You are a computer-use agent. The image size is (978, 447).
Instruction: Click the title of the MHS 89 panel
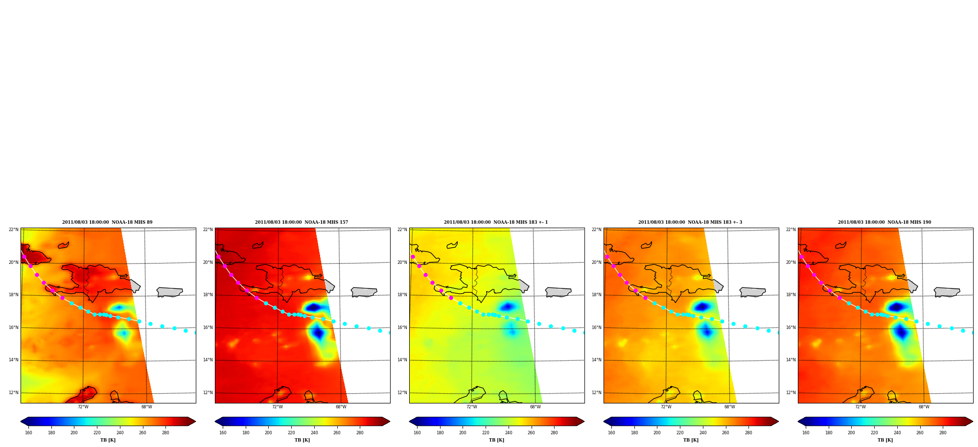(107, 222)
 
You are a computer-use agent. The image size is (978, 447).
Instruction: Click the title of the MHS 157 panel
(302, 222)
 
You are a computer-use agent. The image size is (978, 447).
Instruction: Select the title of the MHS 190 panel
(885, 222)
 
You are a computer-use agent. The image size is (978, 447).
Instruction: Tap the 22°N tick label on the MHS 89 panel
(13, 230)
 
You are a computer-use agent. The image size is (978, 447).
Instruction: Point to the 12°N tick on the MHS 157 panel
(208, 393)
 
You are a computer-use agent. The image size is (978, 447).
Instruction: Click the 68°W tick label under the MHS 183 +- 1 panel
(535, 407)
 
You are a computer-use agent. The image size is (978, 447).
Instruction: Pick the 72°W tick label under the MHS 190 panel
(860, 407)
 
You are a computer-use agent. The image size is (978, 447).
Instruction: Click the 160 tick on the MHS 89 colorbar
(28, 432)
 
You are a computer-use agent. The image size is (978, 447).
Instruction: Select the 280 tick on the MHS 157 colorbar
(360, 432)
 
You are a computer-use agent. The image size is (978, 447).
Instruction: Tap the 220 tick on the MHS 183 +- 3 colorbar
(680, 432)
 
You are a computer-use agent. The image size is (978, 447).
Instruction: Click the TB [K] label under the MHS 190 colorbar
(885, 440)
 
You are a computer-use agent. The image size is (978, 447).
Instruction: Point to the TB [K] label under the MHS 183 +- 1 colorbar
(496, 440)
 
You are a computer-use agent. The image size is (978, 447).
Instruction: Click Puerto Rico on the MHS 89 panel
(169, 292)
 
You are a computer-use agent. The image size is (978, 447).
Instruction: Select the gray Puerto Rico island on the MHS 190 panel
(947, 292)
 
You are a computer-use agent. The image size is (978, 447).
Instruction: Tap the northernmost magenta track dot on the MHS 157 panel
(218, 257)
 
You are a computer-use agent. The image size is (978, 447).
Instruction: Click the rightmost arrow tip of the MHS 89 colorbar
(195, 421)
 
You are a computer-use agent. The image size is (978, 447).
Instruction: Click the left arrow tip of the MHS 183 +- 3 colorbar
(604, 421)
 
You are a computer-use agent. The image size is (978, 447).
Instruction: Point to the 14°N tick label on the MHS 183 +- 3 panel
(596, 360)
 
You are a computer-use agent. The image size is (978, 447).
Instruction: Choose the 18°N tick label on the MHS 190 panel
(791, 295)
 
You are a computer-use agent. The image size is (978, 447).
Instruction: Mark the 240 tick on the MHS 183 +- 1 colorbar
(509, 432)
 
